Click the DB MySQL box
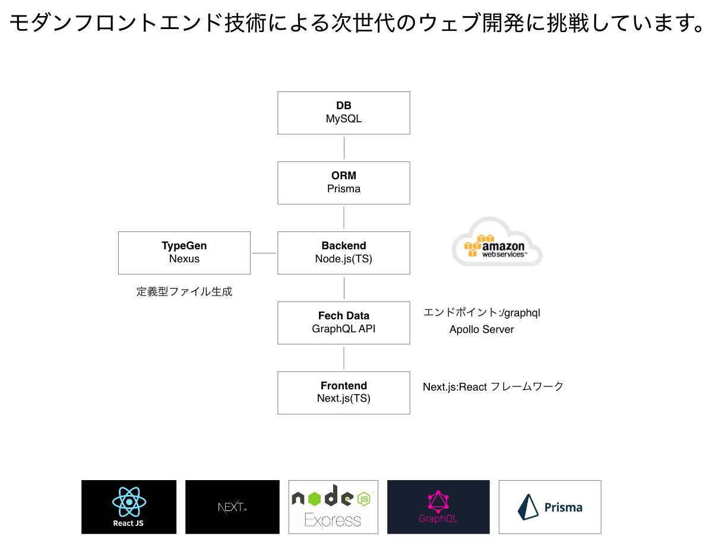(344, 113)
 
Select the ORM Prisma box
(344, 183)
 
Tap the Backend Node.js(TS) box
(344, 253)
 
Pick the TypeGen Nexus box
(184, 253)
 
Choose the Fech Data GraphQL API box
(344, 323)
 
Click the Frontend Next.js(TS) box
(344, 393)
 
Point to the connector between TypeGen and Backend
(264, 253)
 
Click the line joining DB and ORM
(344, 148)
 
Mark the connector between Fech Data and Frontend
(344, 358)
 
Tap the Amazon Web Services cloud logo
(496, 242)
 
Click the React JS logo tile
(129, 507)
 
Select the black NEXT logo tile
(232, 507)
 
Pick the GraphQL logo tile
(438, 507)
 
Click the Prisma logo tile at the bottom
(550, 507)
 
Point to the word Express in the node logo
(333, 520)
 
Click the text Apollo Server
(482, 329)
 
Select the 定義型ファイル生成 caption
(184, 291)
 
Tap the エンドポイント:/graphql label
(482, 312)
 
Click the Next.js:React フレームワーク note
(493, 386)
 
